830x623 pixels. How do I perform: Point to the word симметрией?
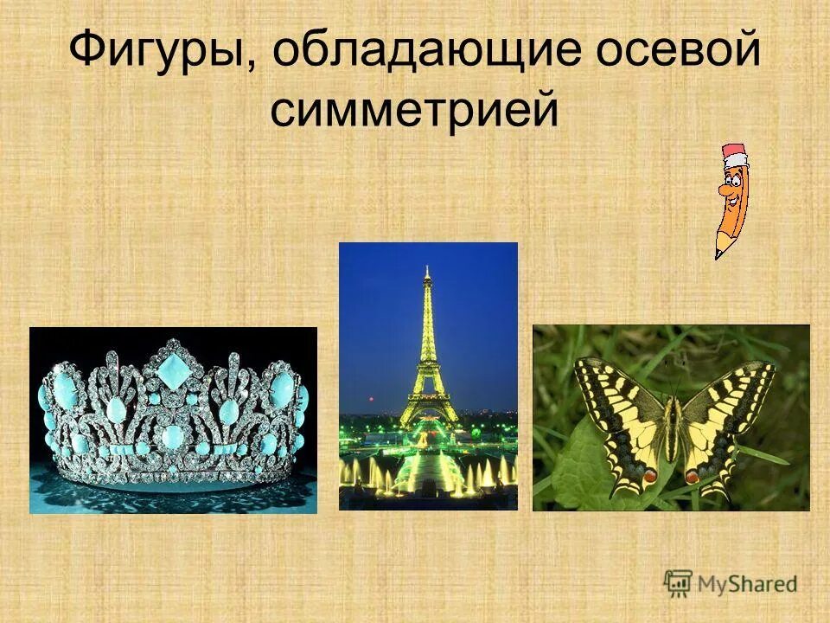click(414, 110)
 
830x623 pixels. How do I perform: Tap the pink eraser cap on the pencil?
click(735, 156)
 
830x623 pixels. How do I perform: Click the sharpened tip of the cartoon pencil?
click(718, 254)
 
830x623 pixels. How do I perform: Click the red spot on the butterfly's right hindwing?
click(693, 475)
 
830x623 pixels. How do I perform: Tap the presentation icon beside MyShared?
click(679, 582)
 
